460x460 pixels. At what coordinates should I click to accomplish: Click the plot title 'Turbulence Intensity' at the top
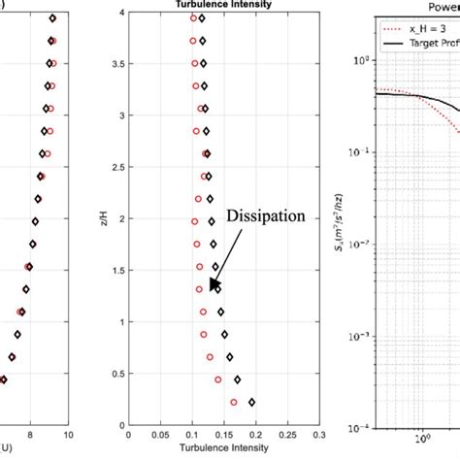click(210, 5)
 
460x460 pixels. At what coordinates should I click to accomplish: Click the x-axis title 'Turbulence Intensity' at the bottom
click(210, 450)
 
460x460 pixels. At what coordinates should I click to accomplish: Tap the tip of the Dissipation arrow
click(210, 289)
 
